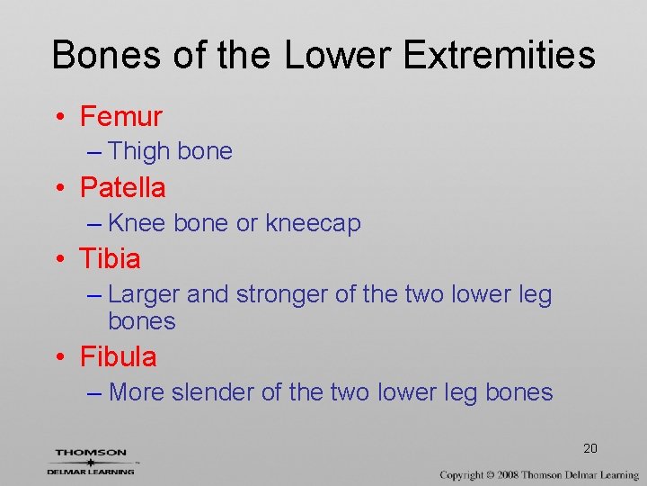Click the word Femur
pos(120,116)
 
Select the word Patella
pos(122,187)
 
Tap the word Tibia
pos(110,259)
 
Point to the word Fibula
pos(118,357)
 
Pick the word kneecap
pos(313,224)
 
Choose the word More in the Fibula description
pos(137,392)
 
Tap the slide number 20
pos(590,448)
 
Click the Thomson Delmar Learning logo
pos(91,461)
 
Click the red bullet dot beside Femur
pos(59,118)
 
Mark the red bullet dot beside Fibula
pos(59,358)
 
